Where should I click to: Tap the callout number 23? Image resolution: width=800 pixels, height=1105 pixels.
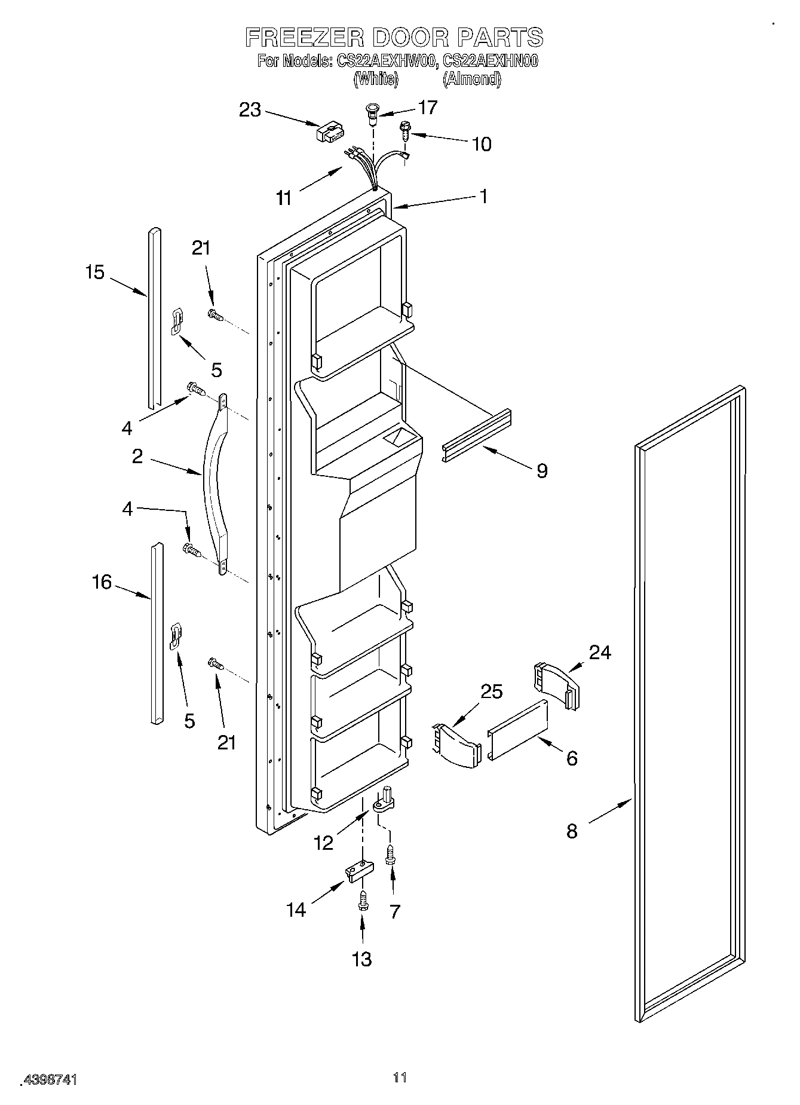[250, 110]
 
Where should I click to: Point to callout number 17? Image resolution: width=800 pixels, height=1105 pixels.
[428, 108]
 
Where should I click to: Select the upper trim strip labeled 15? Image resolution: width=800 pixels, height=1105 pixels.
[154, 317]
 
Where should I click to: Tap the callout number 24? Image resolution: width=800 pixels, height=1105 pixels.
[600, 652]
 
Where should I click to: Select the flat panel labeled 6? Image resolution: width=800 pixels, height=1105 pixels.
[518, 730]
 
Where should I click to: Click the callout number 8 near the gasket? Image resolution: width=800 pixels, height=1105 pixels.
[572, 831]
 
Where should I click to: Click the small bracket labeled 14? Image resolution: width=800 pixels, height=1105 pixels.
[357, 871]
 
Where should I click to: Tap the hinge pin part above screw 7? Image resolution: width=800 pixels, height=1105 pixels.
[385, 800]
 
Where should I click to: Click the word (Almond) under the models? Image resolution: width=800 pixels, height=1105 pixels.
[471, 79]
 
